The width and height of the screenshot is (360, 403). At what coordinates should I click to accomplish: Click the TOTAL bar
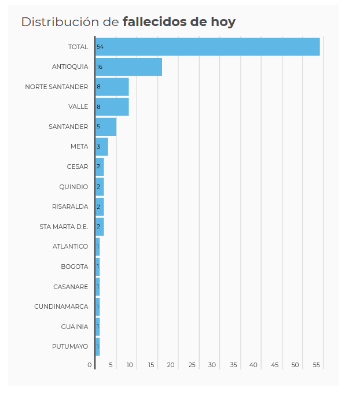coord(207,47)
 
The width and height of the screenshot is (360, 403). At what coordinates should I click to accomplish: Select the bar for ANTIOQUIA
coord(128,67)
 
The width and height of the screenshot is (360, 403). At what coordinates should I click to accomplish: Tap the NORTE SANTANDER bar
coord(112,87)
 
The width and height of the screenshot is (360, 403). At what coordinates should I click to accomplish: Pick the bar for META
coord(102,147)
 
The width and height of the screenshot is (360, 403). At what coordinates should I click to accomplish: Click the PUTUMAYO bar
coord(98,346)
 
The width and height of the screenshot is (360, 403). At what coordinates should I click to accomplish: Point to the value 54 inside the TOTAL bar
coord(100,47)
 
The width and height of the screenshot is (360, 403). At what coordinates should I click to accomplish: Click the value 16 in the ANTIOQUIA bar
coord(100,67)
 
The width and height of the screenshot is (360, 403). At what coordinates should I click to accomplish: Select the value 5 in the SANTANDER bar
coord(98,127)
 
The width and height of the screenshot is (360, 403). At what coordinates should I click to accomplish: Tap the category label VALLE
coord(78,106)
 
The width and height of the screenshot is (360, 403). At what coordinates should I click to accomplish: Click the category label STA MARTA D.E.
coord(64,227)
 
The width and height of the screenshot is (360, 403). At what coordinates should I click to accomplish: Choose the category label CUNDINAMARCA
coord(61,306)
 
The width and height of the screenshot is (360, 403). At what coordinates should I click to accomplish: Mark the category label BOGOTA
coord(75,267)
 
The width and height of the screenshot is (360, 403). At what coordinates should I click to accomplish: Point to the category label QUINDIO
coord(74,187)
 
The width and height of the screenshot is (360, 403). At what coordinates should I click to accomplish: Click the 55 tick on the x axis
coord(317,365)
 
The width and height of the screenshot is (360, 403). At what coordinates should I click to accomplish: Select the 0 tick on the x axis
coord(90,365)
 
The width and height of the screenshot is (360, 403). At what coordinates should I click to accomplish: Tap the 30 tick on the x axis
coord(212,365)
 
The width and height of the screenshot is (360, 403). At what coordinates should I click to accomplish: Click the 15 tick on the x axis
coord(151,365)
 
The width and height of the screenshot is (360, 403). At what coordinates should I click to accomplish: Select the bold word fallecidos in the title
coord(155,23)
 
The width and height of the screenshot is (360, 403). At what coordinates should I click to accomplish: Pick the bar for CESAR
coord(100,167)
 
